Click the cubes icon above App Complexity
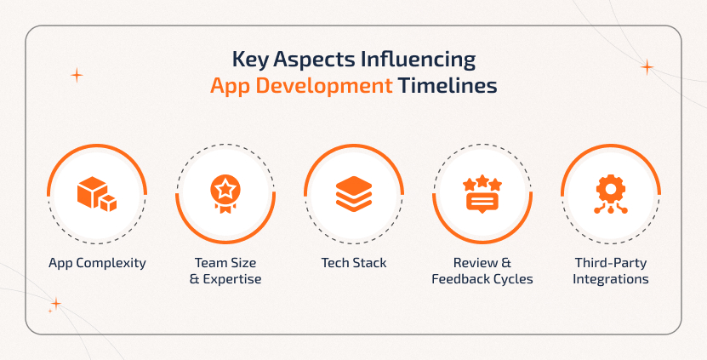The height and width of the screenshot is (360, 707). point(96,194)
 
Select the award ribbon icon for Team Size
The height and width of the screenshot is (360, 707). point(225,194)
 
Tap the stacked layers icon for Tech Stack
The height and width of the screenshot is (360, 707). point(353,194)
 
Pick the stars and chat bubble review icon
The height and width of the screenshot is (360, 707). point(482,194)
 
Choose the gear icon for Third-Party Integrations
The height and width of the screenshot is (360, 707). point(610,194)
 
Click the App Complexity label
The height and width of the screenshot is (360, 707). point(97,263)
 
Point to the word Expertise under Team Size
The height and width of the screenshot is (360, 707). point(231,279)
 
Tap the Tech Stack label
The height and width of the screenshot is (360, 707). point(354,263)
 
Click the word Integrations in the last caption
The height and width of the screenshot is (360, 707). point(611,279)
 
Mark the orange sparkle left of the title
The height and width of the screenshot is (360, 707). point(77,76)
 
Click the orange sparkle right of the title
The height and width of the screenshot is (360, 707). point(647,66)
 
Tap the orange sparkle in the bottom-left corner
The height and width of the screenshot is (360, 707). point(56,303)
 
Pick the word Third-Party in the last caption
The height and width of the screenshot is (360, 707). point(610,263)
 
